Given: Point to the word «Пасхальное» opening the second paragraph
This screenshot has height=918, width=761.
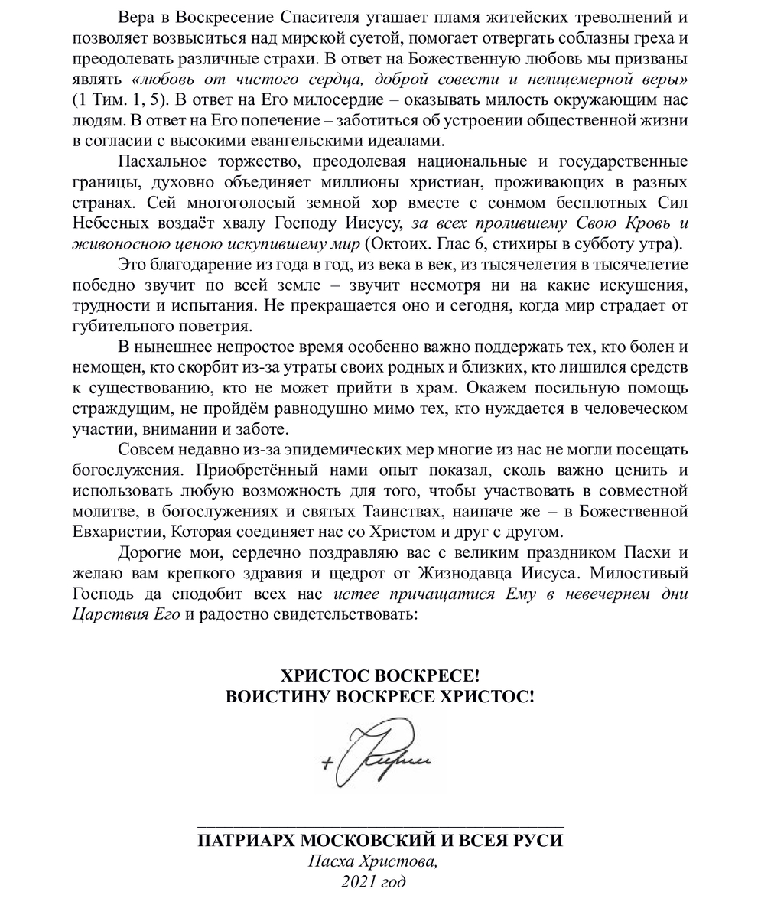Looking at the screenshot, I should (x=164, y=161).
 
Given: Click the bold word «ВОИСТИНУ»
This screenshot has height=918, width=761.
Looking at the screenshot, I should (x=278, y=697).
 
